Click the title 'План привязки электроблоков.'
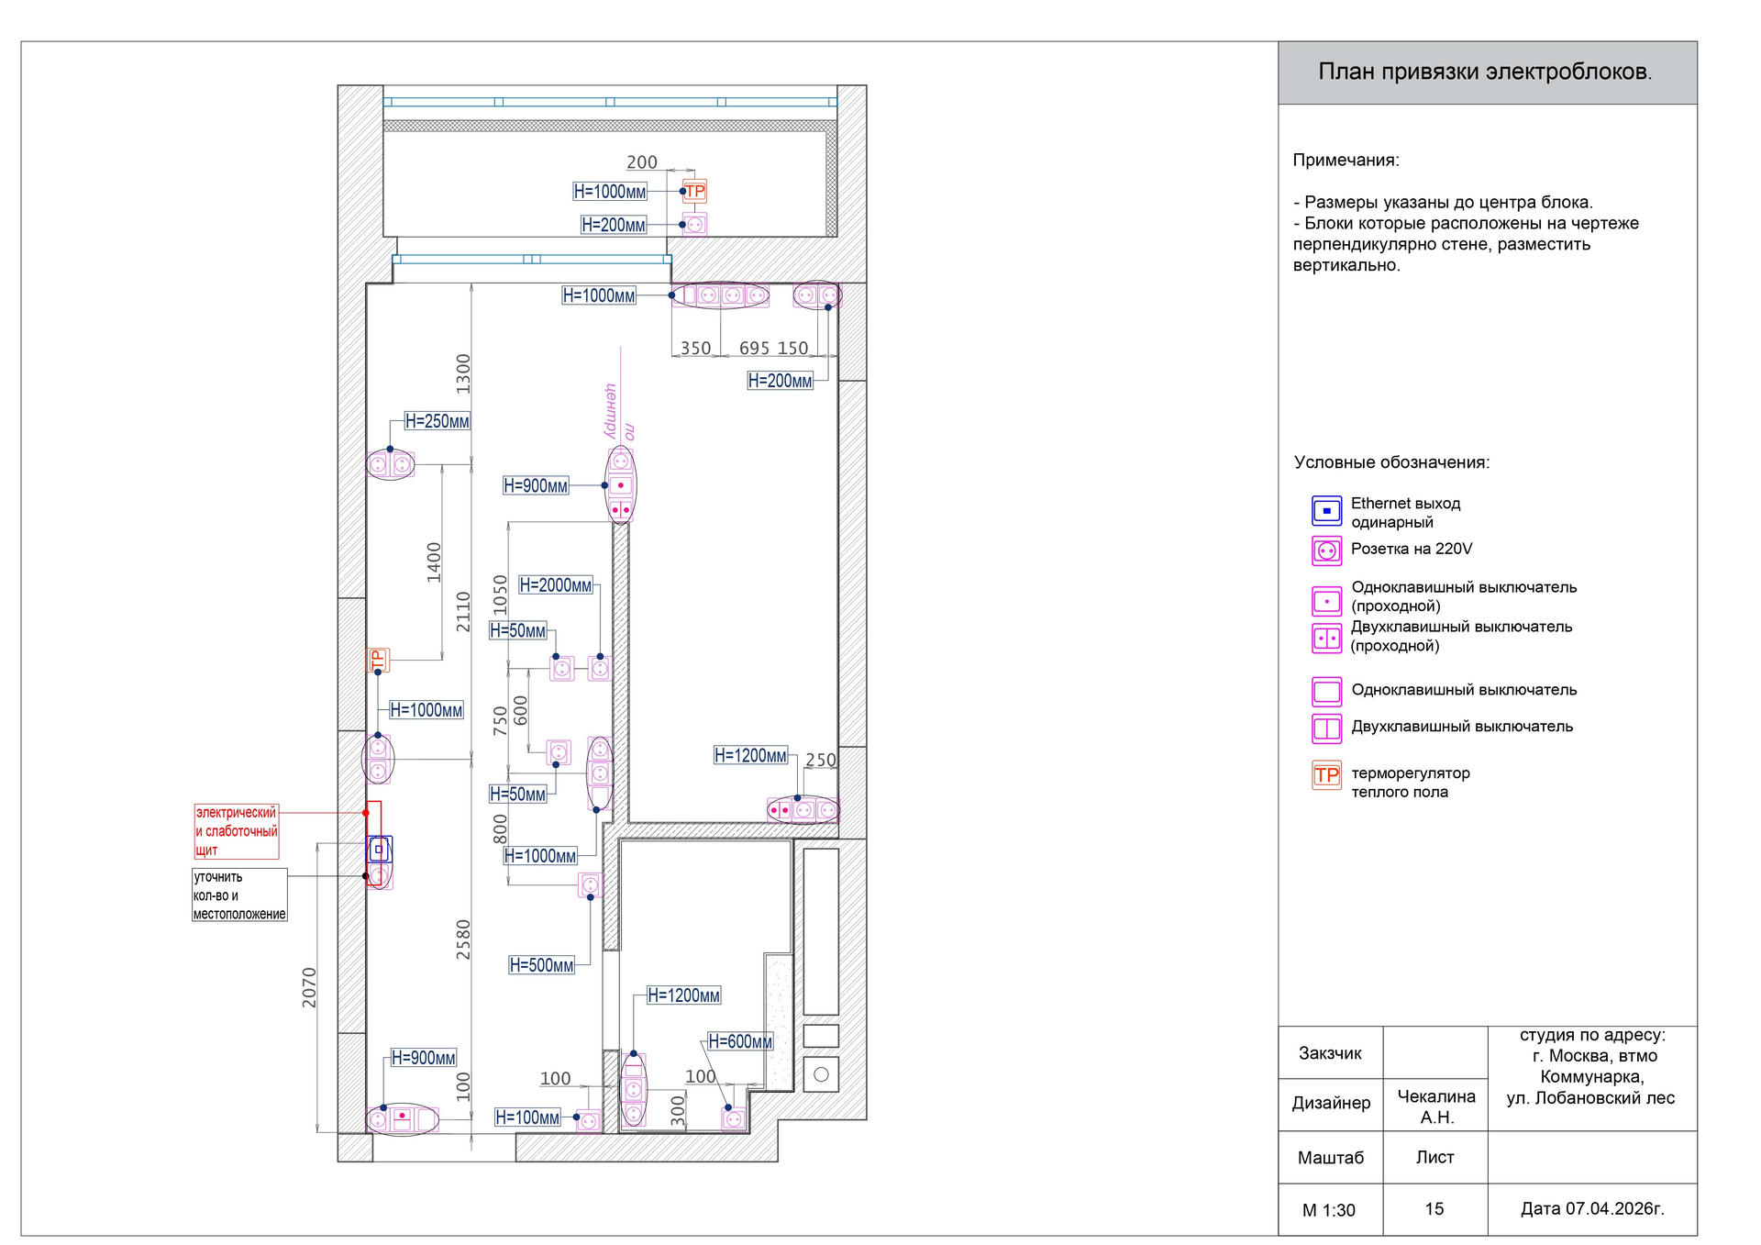coord(1485,72)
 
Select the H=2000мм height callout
coord(556,585)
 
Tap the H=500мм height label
coord(542,965)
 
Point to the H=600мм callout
coord(740,1042)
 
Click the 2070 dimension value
coord(309,987)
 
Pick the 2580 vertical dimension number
coord(463,939)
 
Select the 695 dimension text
coord(754,349)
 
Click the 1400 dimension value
coord(434,562)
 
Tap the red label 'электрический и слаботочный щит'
coord(237,831)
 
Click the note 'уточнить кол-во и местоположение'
coord(239,895)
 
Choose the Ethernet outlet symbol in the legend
coord(1326,511)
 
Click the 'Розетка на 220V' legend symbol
coord(1326,550)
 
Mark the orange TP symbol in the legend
coord(1326,775)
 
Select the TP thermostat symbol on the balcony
coord(695,192)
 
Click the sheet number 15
coord(1434,1209)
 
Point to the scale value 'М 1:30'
coord(1329,1210)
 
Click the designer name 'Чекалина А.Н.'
coord(1436,1106)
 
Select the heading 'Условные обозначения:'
coord(1392,462)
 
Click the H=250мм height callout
coord(437,422)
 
